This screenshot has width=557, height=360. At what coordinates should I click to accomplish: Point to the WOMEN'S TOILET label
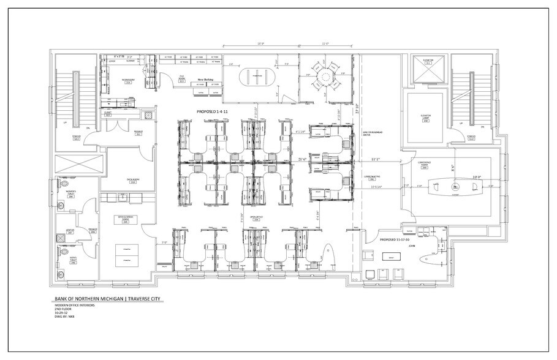[x=70, y=195]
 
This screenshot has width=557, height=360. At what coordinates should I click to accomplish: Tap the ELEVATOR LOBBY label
[x=425, y=119]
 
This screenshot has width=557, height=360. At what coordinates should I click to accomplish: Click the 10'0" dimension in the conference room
[x=476, y=178]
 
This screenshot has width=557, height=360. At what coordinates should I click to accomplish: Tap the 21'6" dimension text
[x=303, y=159]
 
